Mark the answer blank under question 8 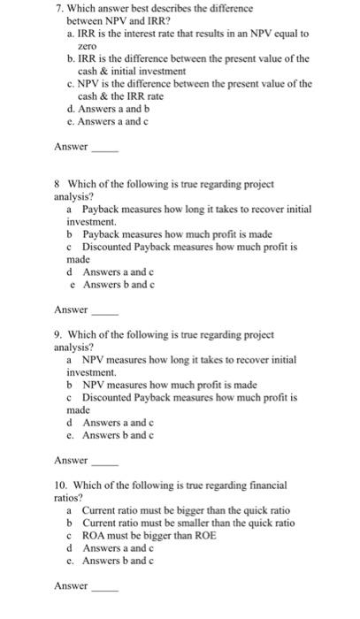(x=104, y=310)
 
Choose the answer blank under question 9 (x=104, y=461)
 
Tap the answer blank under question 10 (x=104, y=586)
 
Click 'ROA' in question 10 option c (x=94, y=535)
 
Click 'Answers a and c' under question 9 (x=118, y=423)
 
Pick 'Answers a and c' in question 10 (x=118, y=547)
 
